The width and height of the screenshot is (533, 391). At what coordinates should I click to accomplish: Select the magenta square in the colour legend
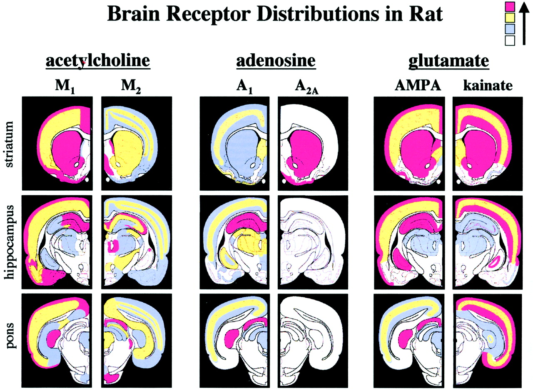pos(510,7)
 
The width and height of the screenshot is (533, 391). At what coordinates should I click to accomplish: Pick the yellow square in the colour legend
pos(510,18)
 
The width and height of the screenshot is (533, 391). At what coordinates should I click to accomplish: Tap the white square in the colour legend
pos(510,40)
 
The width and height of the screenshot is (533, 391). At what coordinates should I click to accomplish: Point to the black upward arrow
pos(524,23)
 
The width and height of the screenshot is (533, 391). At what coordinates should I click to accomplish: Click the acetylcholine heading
pos(97,61)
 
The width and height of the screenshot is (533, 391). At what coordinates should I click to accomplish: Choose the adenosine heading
pos(276,61)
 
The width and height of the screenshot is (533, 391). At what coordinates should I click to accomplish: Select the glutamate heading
pos(448,61)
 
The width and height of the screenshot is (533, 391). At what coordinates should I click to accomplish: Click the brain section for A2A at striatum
pos(313,144)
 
